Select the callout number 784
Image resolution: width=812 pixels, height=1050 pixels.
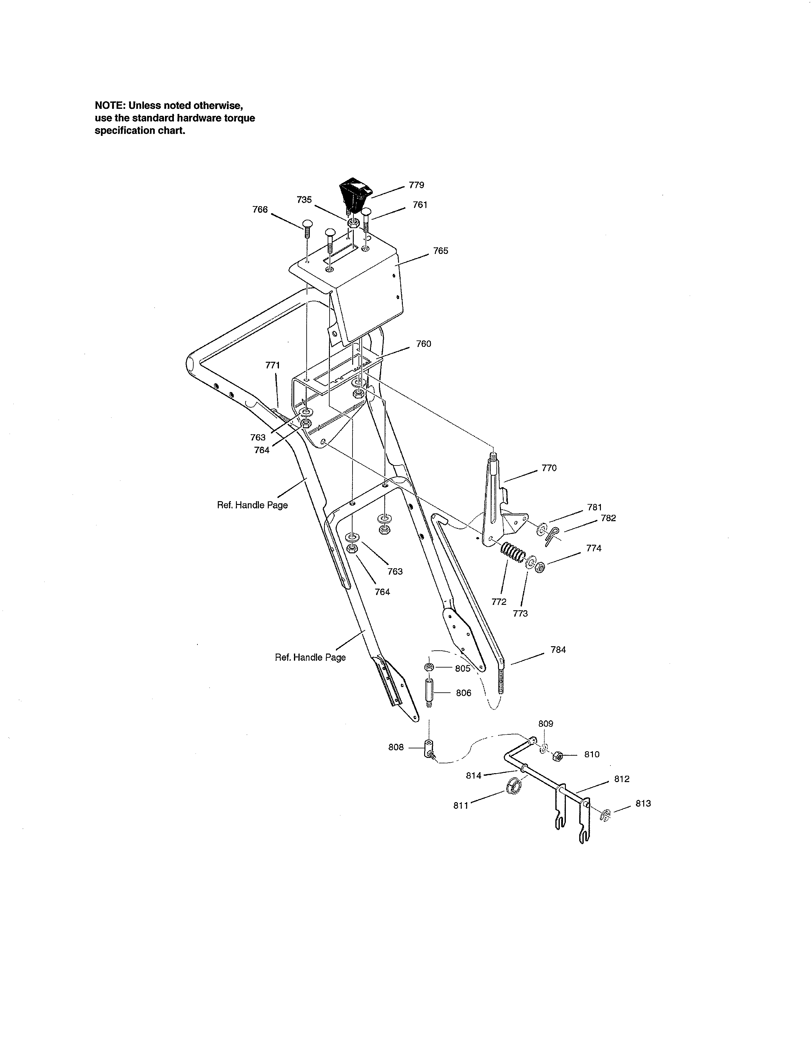pos(558,649)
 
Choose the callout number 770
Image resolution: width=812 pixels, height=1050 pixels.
pos(549,468)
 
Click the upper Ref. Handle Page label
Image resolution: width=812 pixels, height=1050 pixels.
pos(253,505)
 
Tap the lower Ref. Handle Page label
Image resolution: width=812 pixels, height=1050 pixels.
pos(310,657)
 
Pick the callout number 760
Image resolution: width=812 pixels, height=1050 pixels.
pos(423,344)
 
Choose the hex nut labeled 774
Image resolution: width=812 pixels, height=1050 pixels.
pos(540,567)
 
